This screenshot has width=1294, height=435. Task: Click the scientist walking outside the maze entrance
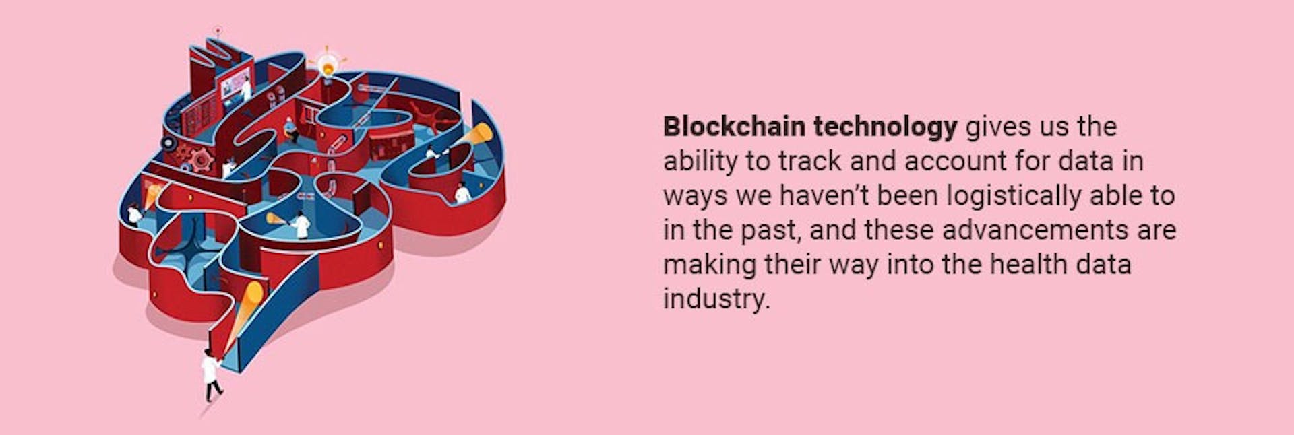click(211, 376)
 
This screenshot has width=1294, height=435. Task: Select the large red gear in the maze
click(202, 160)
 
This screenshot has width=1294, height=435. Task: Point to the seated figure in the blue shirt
click(291, 129)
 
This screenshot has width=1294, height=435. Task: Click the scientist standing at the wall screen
click(246, 90)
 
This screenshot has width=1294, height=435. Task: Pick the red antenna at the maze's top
click(217, 32)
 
